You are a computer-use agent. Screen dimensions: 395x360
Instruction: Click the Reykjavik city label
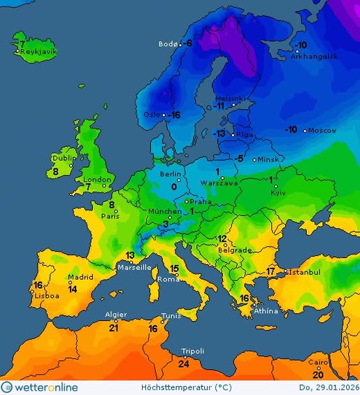point(38,52)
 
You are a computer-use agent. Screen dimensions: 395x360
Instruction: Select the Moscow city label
point(322,131)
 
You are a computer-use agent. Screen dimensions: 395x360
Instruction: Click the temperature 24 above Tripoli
point(184,364)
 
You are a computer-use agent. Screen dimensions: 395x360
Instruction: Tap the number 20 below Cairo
point(318,375)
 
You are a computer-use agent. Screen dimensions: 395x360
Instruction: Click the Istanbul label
point(304,271)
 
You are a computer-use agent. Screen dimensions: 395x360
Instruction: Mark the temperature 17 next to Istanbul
point(271,271)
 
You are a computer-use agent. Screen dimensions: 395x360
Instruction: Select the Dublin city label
point(64,158)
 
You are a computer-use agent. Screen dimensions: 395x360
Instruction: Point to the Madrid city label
point(81,277)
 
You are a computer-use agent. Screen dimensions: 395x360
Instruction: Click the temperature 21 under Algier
point(113,327)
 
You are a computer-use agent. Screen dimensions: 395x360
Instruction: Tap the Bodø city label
point(168,44)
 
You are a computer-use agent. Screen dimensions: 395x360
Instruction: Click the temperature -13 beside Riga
point(219,134)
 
